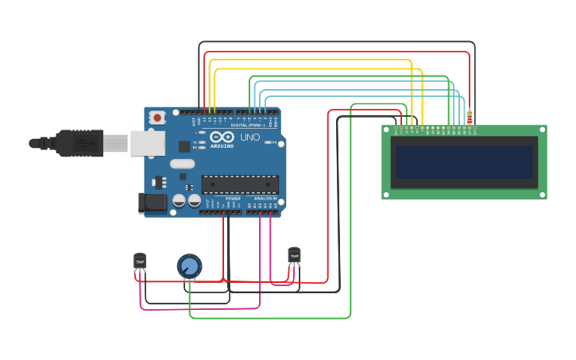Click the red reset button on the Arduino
[157, 118]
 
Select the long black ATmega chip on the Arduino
[240, 184]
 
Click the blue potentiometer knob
[189, 265]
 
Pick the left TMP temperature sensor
[140, 261]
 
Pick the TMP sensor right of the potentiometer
[294, 255]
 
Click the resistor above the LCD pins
[470, 118]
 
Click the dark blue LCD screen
[464, 162]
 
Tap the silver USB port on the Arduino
[148, 143]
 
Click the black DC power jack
[152, 203]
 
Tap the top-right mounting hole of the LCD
[543, 130]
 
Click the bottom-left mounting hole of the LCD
[386, 194]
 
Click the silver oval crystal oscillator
[182, 165]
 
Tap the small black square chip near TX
[184, 146]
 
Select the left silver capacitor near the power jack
[180, 200]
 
